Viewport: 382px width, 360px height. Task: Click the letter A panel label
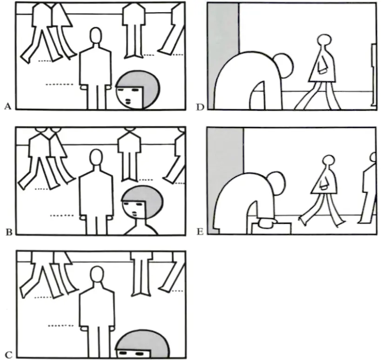click(8, 107)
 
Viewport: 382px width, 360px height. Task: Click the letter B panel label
click(9, 232)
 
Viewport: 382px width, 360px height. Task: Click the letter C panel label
click(8, 355)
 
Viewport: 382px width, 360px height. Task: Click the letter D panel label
click(200, 107)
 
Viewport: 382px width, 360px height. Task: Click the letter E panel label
click(200, 232)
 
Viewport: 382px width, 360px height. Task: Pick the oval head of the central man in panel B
click(96, 158)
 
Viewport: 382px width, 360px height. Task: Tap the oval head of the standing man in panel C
click(97, 274)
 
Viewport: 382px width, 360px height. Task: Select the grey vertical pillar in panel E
click(225, 171)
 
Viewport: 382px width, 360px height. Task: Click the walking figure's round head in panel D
click(324, 40)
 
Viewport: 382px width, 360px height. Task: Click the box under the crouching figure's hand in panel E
click(272, 228)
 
